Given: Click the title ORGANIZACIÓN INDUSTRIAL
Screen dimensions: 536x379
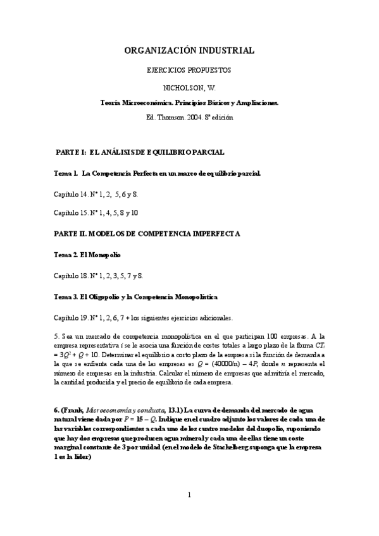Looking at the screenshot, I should tap(189, 50).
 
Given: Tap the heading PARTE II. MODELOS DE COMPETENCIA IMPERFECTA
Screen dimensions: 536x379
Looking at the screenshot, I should tap(147, 233).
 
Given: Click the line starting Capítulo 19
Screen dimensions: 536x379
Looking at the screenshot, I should tap(144, 317).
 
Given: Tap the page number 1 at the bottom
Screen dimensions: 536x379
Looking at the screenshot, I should tap(189, 495).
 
